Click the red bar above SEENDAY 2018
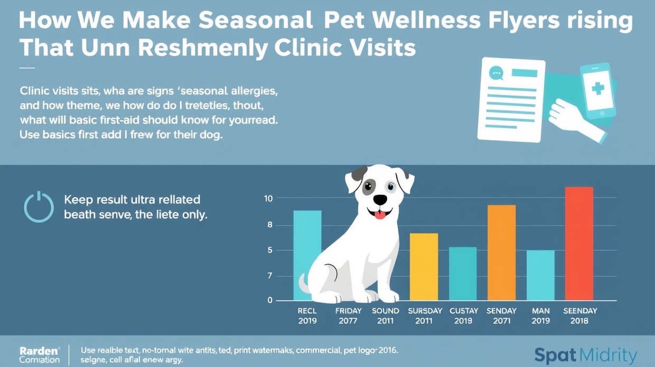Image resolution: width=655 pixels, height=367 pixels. coord(579,244)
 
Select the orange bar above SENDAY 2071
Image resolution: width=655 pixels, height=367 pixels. coord(501,253)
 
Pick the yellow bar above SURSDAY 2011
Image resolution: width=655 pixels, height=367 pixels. coord(424,267)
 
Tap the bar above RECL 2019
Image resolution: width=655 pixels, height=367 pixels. coord(307,255)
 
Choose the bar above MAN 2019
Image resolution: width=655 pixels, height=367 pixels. coord(540,275)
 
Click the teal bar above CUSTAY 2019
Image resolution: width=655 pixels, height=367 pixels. coord(463,274)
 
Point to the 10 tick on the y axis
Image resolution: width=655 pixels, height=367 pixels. coord(268,198)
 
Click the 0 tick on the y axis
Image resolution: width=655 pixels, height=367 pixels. coord(270,301)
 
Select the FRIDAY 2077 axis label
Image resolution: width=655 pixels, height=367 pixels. coord(349,316)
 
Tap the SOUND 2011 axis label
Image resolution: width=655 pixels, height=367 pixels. coord(386,316)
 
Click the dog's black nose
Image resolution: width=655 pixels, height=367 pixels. coord(380,200)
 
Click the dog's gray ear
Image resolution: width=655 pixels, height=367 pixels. coord(359,173)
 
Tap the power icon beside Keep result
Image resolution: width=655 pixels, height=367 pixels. coord(39,207)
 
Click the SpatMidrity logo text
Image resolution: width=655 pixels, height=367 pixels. coord(585,355)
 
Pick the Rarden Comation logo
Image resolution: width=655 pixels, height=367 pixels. coord(40,355)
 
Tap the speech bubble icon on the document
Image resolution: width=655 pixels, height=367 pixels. coord(496,73)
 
